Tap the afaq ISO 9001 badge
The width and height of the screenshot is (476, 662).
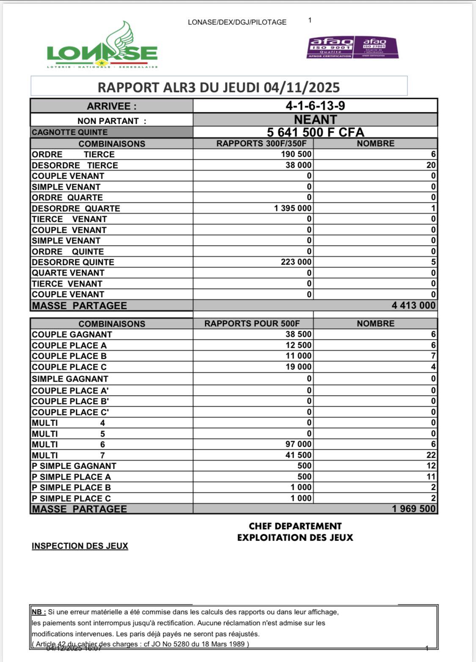[x=330, y=47]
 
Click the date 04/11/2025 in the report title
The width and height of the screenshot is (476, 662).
[x=302, y=88]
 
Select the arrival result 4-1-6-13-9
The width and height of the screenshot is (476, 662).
[x=315, y=106]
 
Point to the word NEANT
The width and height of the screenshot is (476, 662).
[x=315, y=120]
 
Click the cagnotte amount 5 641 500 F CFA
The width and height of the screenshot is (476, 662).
[x=315, y=132]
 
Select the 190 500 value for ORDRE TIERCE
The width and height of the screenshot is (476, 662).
[x=296, y=154]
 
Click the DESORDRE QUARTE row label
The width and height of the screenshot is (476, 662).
[x=76, y=208]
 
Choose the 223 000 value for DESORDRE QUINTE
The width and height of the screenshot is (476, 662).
[x=296, y=262]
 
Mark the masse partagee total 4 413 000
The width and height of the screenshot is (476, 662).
[x=413, y=306]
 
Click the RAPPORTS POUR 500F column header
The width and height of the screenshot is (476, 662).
[x=252, y=324]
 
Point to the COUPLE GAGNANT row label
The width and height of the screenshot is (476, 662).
[x=72, y=334]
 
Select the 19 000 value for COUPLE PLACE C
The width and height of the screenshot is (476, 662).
[x=298, y=367]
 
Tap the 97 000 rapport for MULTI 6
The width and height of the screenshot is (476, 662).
[x=298, y=444]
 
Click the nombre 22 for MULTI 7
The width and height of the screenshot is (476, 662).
[x=431, y=455]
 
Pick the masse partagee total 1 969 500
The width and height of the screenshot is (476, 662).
[x=413, y=509]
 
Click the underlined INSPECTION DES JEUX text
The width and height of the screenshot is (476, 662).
[x=80, y=546]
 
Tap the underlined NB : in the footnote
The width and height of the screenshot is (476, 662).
[x=39, y=612]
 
